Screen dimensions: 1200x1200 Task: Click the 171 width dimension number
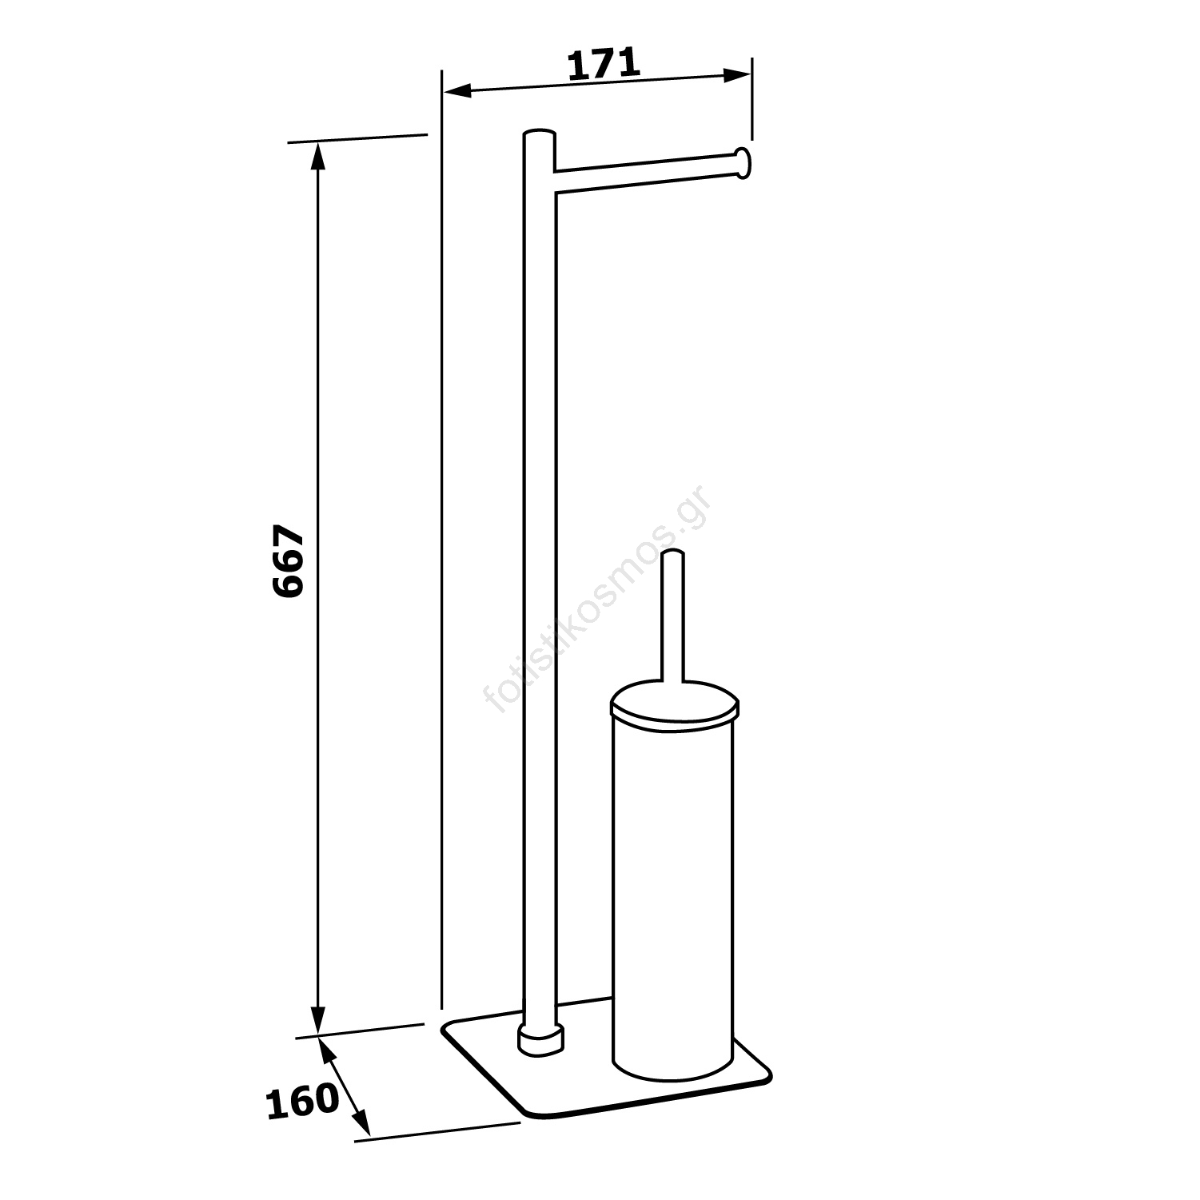(604, 64)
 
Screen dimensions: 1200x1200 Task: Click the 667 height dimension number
(288, 561)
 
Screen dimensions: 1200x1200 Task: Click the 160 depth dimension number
(302, 1101)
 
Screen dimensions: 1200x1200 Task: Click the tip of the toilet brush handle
(675, 554)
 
